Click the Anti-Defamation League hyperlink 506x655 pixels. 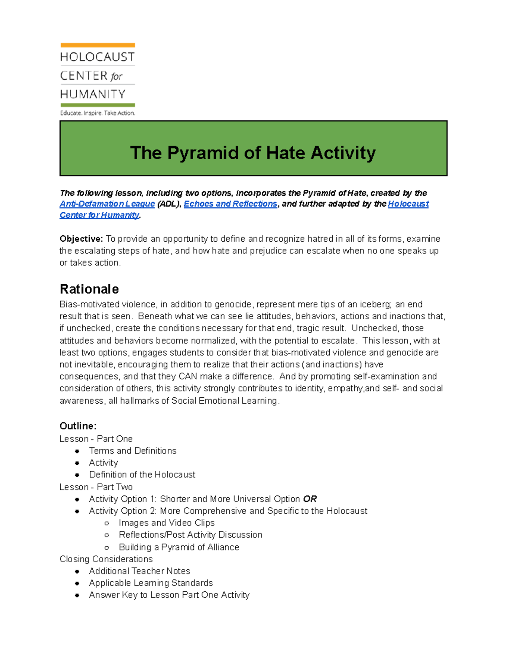(x=107, y=204)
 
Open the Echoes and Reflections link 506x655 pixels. (x=230, y=204)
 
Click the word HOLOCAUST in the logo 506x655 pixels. (x=97, y=57)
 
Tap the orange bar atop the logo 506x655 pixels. (x=97, y=45)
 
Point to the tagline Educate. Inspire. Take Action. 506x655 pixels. (x=97, y=113)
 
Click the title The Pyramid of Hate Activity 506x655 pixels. (x=253, y=153)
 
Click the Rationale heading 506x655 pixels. (x=89, y=289)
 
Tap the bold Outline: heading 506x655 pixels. (x=78, y=426)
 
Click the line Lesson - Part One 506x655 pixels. (x=96, y=439)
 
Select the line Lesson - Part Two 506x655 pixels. (x=96, y=487)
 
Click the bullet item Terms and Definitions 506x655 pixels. (x=132, y=451)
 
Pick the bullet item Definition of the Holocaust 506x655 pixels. (x=142, y=475)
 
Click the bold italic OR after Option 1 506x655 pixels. (x=310, y=499)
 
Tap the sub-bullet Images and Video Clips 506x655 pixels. (x=167, y=523)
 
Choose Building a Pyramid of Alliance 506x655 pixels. (x=179, y=547)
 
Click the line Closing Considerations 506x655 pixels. (x=106, y=559)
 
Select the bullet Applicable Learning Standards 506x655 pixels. (x=151, y=583)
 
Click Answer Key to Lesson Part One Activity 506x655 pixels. (x=169, y=595)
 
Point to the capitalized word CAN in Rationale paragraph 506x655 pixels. (x=188, y=377)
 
